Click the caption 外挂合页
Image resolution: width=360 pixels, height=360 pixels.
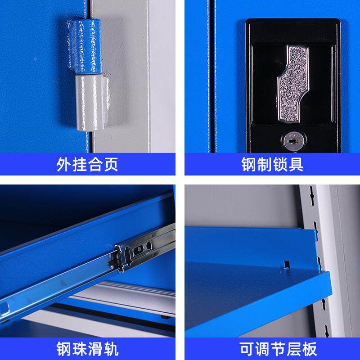[87, 164]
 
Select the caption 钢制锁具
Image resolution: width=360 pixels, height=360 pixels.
[272, 164]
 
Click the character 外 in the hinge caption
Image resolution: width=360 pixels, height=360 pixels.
[64, 164]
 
